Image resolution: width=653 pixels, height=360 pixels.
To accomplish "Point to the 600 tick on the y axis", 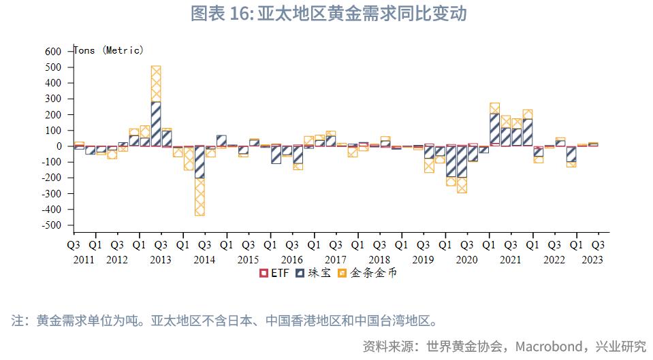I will pyautogui.click(x=54, y=52).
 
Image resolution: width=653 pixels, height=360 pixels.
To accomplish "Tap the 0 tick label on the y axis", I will pyautogui.click(x=59, y=146).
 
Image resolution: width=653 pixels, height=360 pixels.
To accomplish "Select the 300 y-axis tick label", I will pyautogui.click(x=54, y=99).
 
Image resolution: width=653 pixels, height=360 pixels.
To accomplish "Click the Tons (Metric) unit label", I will pyautogui.click(x=108, y=50).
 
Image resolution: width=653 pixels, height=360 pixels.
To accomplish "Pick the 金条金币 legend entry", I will pyautogui.click(x=368, y=273).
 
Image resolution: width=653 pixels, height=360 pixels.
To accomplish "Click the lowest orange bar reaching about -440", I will pyautogui.click(x=200, y=197).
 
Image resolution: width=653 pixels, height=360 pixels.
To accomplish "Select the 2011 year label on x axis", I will pyautogui.click(x=84, y=259).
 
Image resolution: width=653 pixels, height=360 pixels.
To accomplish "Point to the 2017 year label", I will pyautogui.click(x=336, y=259).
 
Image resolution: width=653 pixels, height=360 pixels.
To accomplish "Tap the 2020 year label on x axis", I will pyautogui.click(x=466, y=259).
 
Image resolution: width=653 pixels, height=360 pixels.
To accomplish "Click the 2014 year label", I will pyautogui.click(x=204, y=259).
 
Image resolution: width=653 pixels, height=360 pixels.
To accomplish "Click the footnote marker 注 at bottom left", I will pyautogui.click(x=18, y=320).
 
